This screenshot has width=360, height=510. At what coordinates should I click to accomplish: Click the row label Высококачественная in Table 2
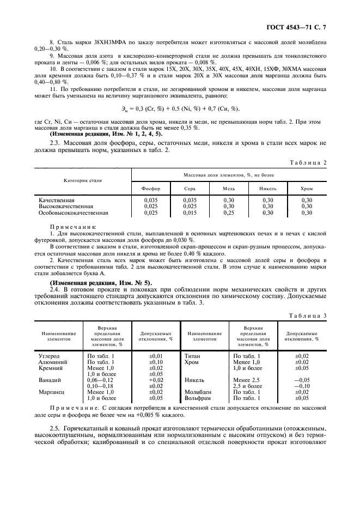65,207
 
